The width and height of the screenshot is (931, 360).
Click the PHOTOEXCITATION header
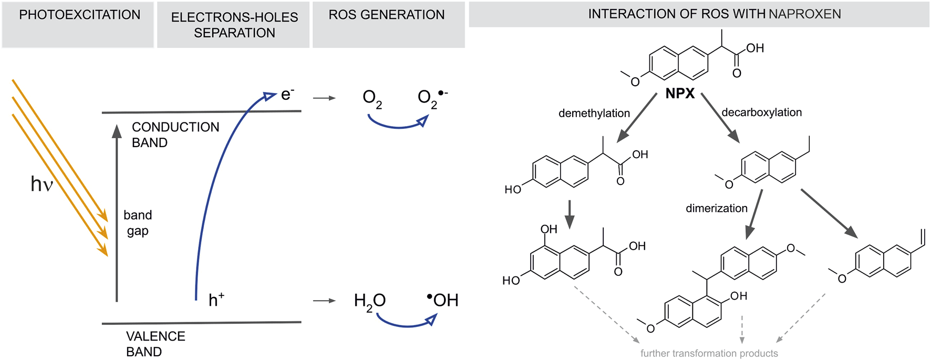click(x=79, y=15)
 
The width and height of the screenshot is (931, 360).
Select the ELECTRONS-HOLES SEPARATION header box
click(x=234, y=25)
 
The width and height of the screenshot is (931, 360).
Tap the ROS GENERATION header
click(x=387, y=15)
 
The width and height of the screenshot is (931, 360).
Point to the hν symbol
click(x=42, y=184)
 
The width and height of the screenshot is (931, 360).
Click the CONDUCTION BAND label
click(x=175, y=135)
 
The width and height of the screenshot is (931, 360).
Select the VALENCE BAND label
click(x=156, y=344)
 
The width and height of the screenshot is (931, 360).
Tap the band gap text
click(x=138, y=223)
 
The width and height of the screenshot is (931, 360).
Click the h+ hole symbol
click(x=216, y=300)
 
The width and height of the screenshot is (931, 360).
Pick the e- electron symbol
click(x=287, y=95)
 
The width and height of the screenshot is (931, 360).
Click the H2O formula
click(x=369, y=301)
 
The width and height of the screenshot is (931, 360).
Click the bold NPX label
click(x=680, y=94)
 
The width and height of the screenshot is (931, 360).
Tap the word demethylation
click(x=594, y=114)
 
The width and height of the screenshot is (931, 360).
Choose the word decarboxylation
click(x=761, y=112)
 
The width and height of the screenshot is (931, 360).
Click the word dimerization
click(x=716, y=209)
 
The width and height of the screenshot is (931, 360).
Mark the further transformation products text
click(x=709, y=354)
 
